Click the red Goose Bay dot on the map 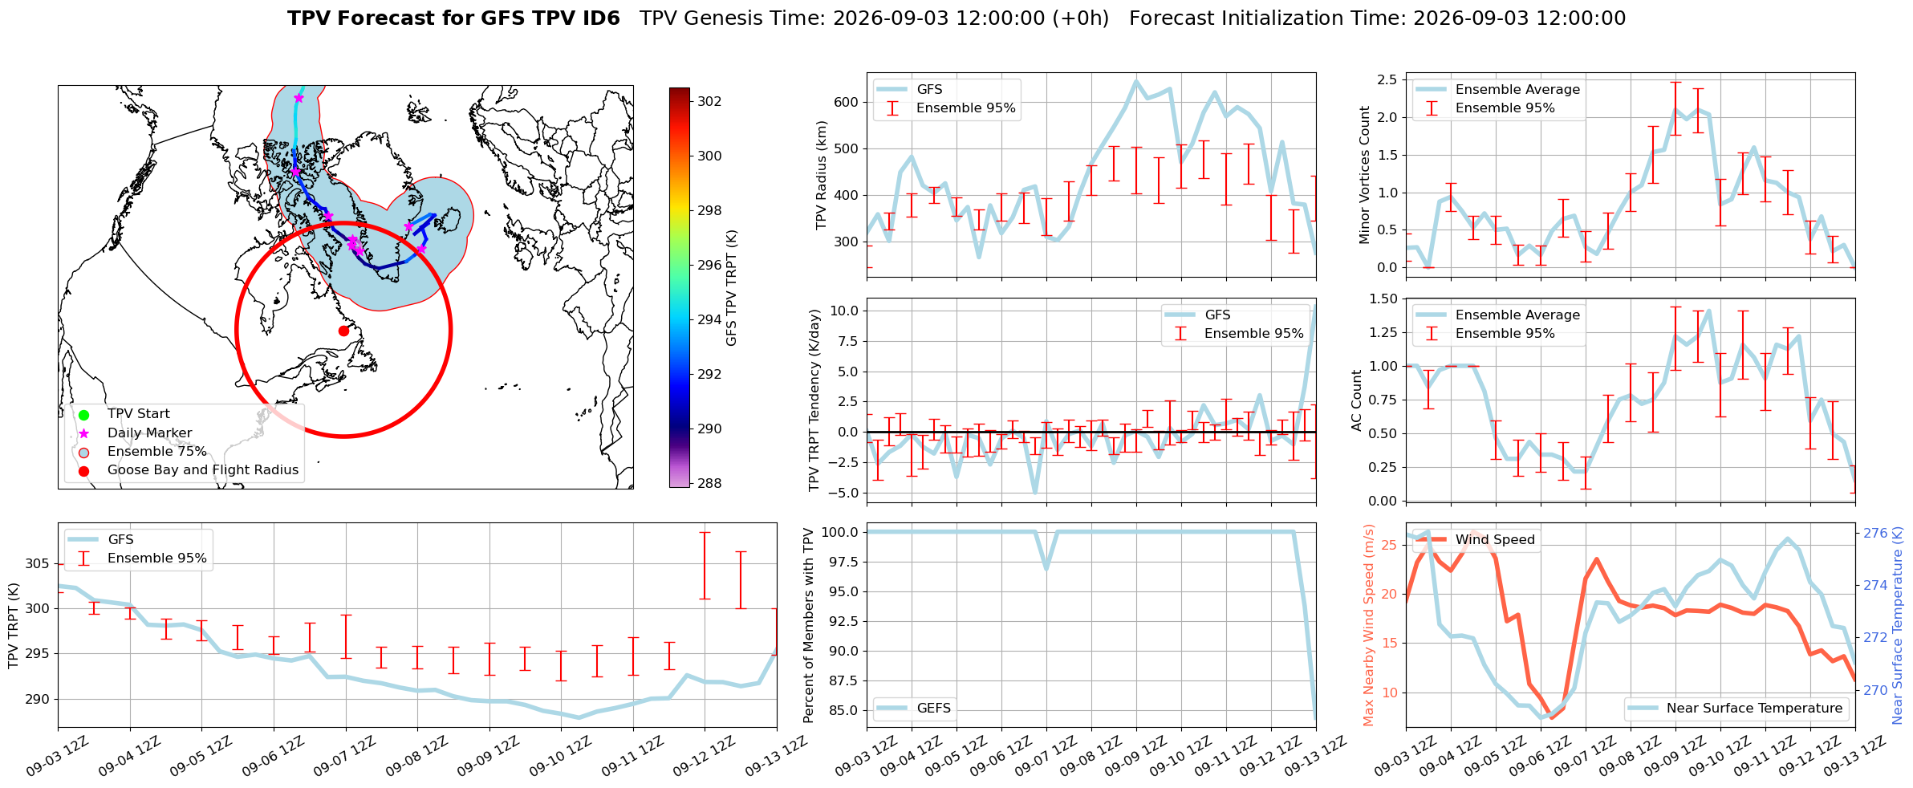[x=343, y=331]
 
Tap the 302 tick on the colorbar [x=709, y=102]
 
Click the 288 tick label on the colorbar [x=709, y=483]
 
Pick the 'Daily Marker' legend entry [x=134, y=433]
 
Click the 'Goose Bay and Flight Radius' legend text [x=203, y=470]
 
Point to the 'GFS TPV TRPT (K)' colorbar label [x=731, y=288]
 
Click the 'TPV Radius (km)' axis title [x=822, y=175]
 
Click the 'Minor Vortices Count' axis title [x=1364, y=175]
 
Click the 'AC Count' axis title [x=1357, y=400]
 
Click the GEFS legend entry [x=914, y=709]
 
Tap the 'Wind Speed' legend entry [x=1475, y=540]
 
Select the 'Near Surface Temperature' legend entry [x=1736, y=709]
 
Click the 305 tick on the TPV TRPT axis [x=37, y=563]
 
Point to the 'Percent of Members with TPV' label [x=809, y=625]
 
